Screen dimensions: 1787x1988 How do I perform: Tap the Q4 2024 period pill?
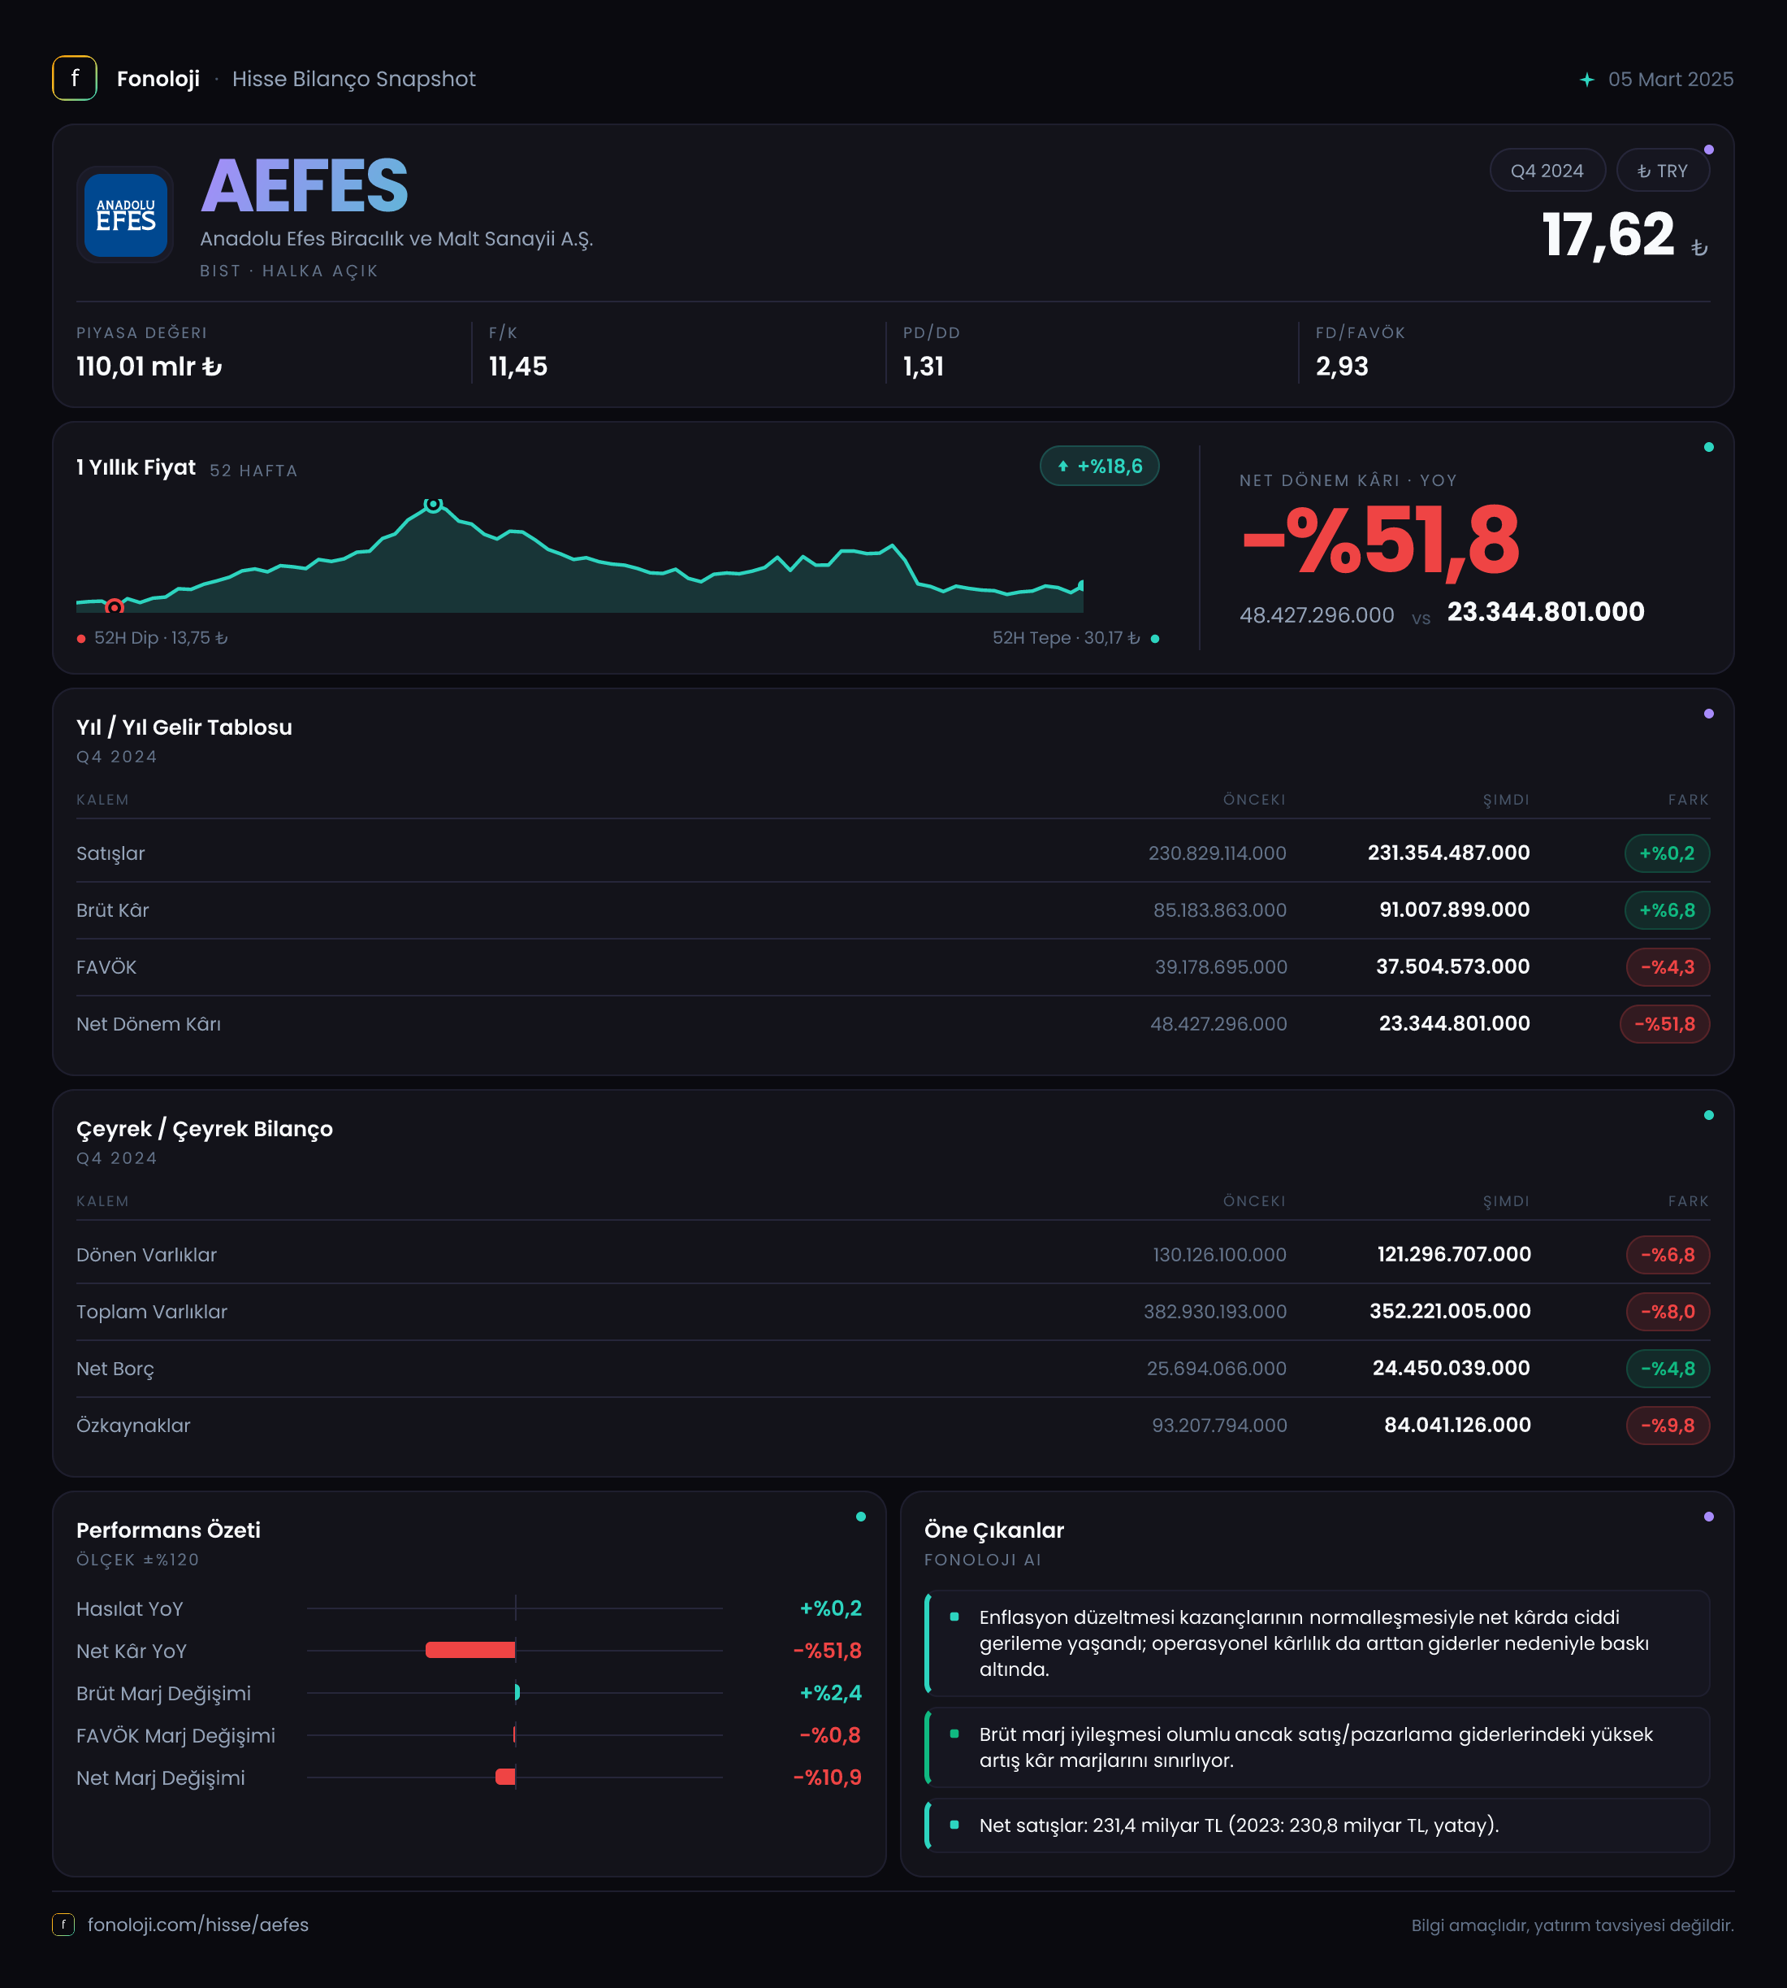(1547, 171)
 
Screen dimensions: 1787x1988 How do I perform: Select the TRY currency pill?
(1662, 171)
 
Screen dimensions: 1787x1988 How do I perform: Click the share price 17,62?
(1607, 235)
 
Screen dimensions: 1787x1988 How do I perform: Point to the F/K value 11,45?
(518, 367)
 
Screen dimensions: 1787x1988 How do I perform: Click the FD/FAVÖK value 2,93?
(1341, 367)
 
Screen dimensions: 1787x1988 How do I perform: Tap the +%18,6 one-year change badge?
(1100, 467)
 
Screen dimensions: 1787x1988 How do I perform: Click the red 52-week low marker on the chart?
(115, 607)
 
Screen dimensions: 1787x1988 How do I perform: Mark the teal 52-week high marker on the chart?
(433, 505)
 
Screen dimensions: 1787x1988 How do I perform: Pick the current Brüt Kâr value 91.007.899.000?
(1454, 910)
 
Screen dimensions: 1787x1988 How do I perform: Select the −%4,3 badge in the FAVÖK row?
(1668, 967)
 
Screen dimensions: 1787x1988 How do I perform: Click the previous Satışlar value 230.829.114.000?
(1218, 853)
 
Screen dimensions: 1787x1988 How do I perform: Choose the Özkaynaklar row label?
(133, 1426)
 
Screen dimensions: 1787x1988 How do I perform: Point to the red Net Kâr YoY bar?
(470, 1650)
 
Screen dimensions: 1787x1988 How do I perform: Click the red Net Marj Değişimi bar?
(506, 1777)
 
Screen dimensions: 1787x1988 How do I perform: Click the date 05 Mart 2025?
(1670, 80)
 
